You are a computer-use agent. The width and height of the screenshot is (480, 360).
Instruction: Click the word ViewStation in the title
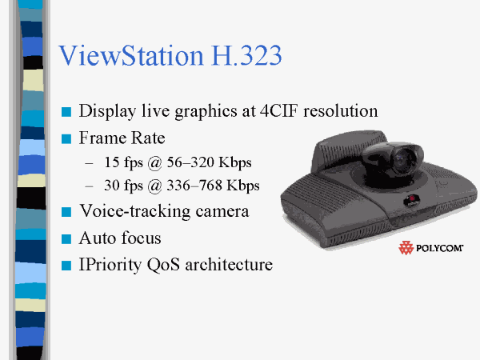[x=131, y=55]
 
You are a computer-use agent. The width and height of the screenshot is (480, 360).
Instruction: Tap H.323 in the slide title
[x=246, y=55]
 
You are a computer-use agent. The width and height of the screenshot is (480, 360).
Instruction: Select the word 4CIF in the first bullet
[x=278, y=111]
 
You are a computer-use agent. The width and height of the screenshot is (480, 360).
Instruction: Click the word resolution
[x=341, y=111]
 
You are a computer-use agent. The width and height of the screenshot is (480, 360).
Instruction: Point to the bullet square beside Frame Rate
[x=66, y=138]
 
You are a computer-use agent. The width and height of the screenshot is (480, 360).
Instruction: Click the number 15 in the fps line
[x=112, y=162]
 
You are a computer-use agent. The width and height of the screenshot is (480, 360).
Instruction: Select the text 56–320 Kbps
[x=209, y=162]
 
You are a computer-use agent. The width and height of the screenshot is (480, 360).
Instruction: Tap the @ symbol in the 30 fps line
[x=154, y=186]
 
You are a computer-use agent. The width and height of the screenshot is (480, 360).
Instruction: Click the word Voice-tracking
[x=164, y=211]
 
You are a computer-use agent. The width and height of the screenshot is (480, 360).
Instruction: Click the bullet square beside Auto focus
[x=66, y=238]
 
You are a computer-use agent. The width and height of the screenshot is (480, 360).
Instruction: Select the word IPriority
[x=110, y=265]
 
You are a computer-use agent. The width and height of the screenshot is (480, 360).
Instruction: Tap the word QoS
[x=163, y=265]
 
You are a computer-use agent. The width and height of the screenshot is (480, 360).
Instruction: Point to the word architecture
[x=229, y=265]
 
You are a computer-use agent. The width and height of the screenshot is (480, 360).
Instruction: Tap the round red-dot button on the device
[x=412, y=200]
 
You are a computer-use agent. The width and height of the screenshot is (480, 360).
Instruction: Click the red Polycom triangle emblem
[x=406, y=248]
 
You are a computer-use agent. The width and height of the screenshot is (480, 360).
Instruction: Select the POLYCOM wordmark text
[x=439, y=248]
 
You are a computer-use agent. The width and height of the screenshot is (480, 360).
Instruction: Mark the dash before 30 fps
[x=89, y=186]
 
